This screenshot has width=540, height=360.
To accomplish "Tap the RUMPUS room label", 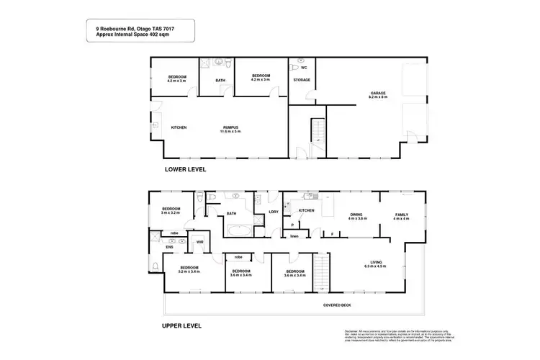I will click(230, 129).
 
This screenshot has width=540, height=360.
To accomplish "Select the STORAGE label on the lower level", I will click(302, 79).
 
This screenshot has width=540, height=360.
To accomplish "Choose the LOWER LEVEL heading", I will click(186, 170).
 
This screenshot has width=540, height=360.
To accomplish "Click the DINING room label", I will click(358, 215).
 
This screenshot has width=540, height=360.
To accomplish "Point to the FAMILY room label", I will click(400, 215).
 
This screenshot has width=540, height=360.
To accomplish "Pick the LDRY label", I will click(273, 211).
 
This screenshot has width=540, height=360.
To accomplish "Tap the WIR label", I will click(200, 242).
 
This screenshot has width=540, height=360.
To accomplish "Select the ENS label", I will click(170, 247).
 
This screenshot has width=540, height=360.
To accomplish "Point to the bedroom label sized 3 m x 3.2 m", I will click(171, 210).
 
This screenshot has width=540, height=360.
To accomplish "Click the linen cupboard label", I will click(294, 236).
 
